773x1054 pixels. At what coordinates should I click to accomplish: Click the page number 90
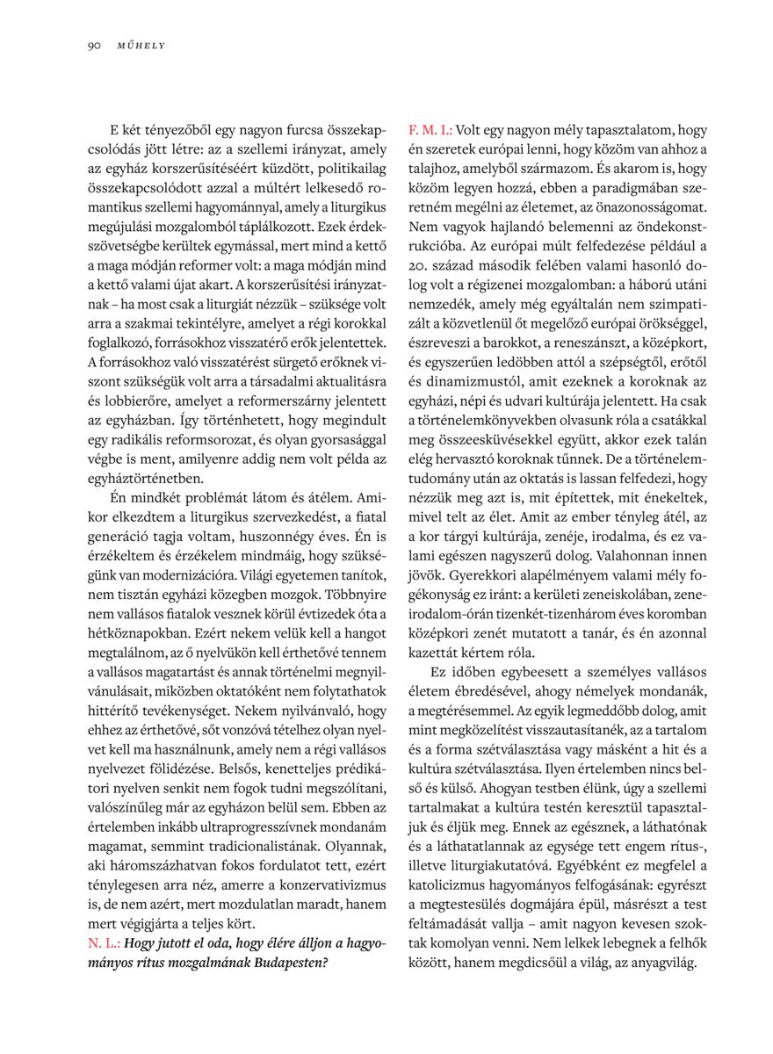[94, 46]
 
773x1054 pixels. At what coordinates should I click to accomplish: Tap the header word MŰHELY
[141, 46]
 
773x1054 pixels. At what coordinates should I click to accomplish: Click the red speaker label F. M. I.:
[430, 129]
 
